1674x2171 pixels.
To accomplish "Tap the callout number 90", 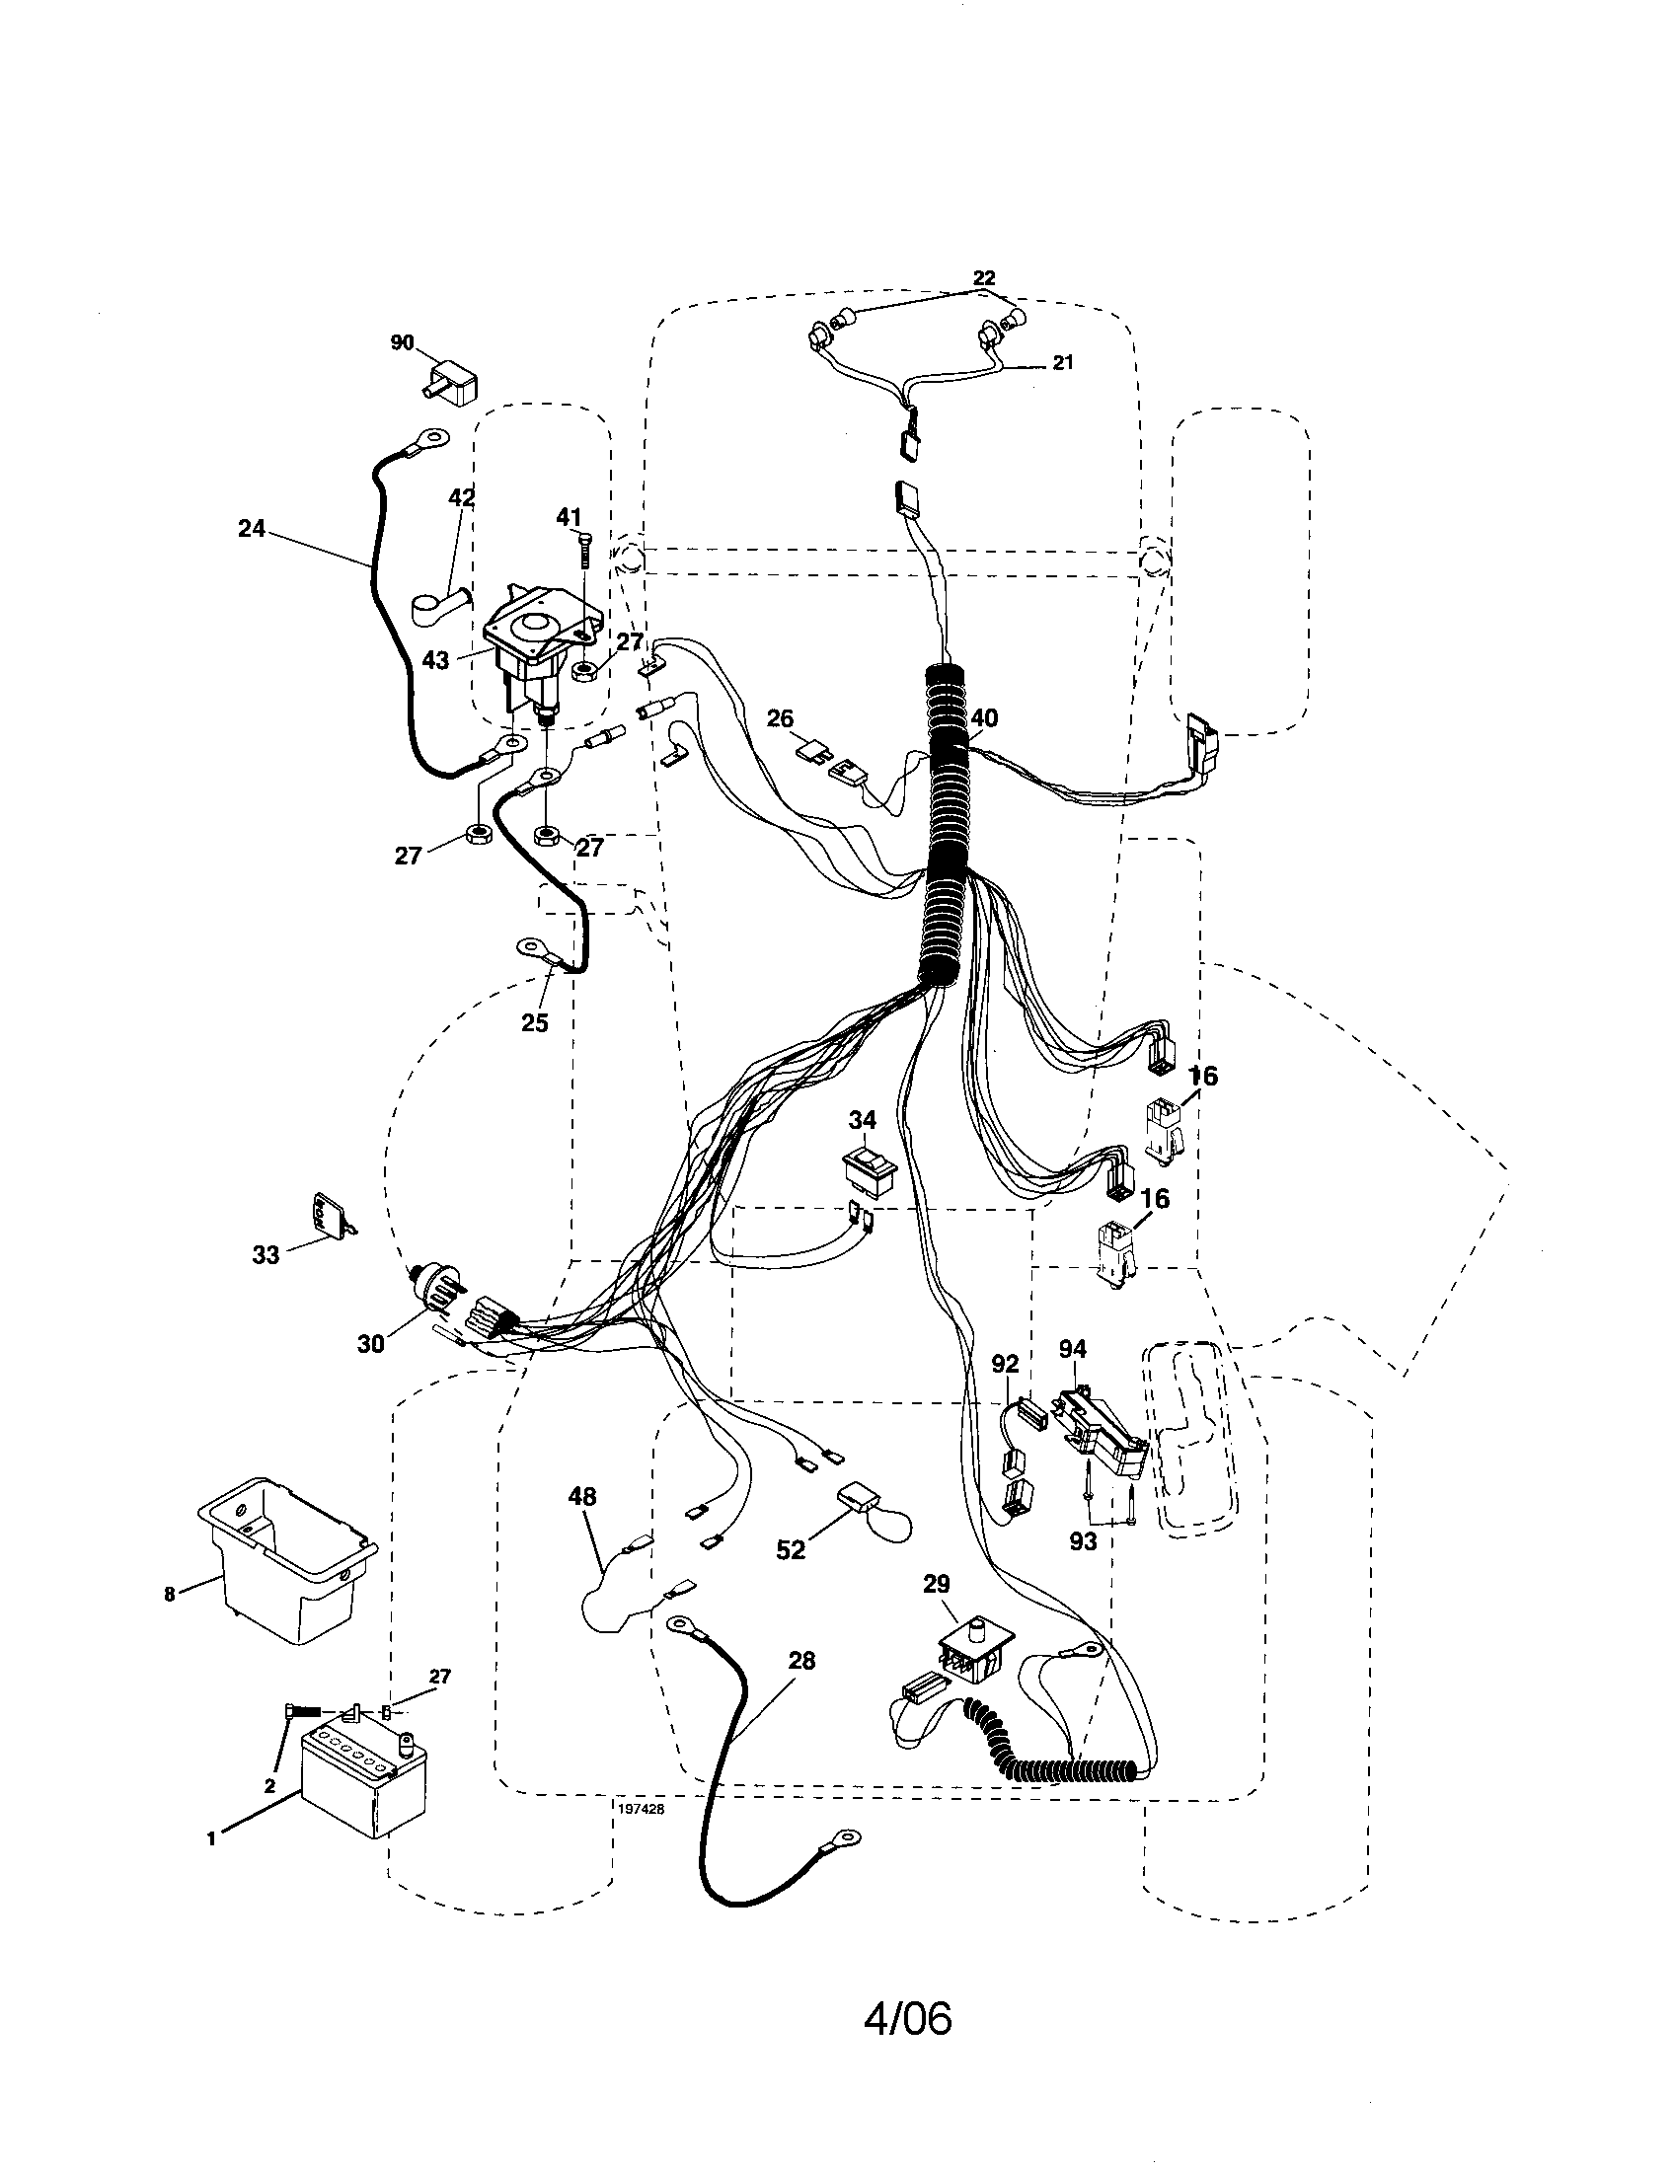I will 402,343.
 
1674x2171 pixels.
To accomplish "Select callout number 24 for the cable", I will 252,528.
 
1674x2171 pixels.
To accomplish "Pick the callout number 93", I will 1083,1540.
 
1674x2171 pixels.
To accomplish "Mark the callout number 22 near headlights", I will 983,278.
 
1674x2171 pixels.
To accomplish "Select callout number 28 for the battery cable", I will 801,1660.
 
